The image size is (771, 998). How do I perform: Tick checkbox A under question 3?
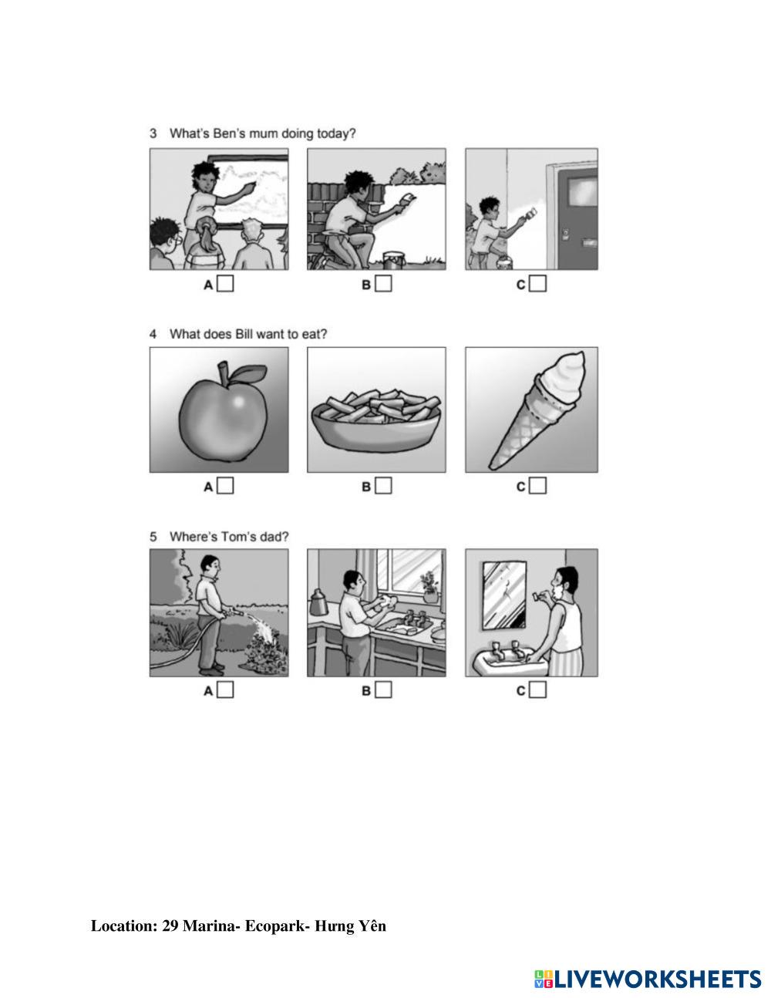coord(225,283)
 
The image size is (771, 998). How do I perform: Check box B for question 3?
coord(383,283)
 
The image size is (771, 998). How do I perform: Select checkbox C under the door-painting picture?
coord(537,283)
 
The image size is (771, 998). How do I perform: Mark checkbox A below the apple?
coord(225,485)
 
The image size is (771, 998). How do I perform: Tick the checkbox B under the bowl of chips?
coord(383,485)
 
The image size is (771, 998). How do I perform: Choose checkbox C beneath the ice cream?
coord(537,485)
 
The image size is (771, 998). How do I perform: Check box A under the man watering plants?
coord(225,689)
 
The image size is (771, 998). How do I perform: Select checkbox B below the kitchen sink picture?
coord(383,689)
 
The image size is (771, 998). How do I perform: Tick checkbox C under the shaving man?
coord(537,689)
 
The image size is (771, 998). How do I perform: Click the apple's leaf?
coord(247,373)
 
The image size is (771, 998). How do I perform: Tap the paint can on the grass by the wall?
coord(392,260)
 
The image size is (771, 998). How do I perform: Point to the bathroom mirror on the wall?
coord(504,595)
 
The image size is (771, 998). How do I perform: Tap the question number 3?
coord(153,133)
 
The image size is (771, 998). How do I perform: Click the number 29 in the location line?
coord(170,926)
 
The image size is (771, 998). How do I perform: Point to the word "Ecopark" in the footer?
coord(274,926)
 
